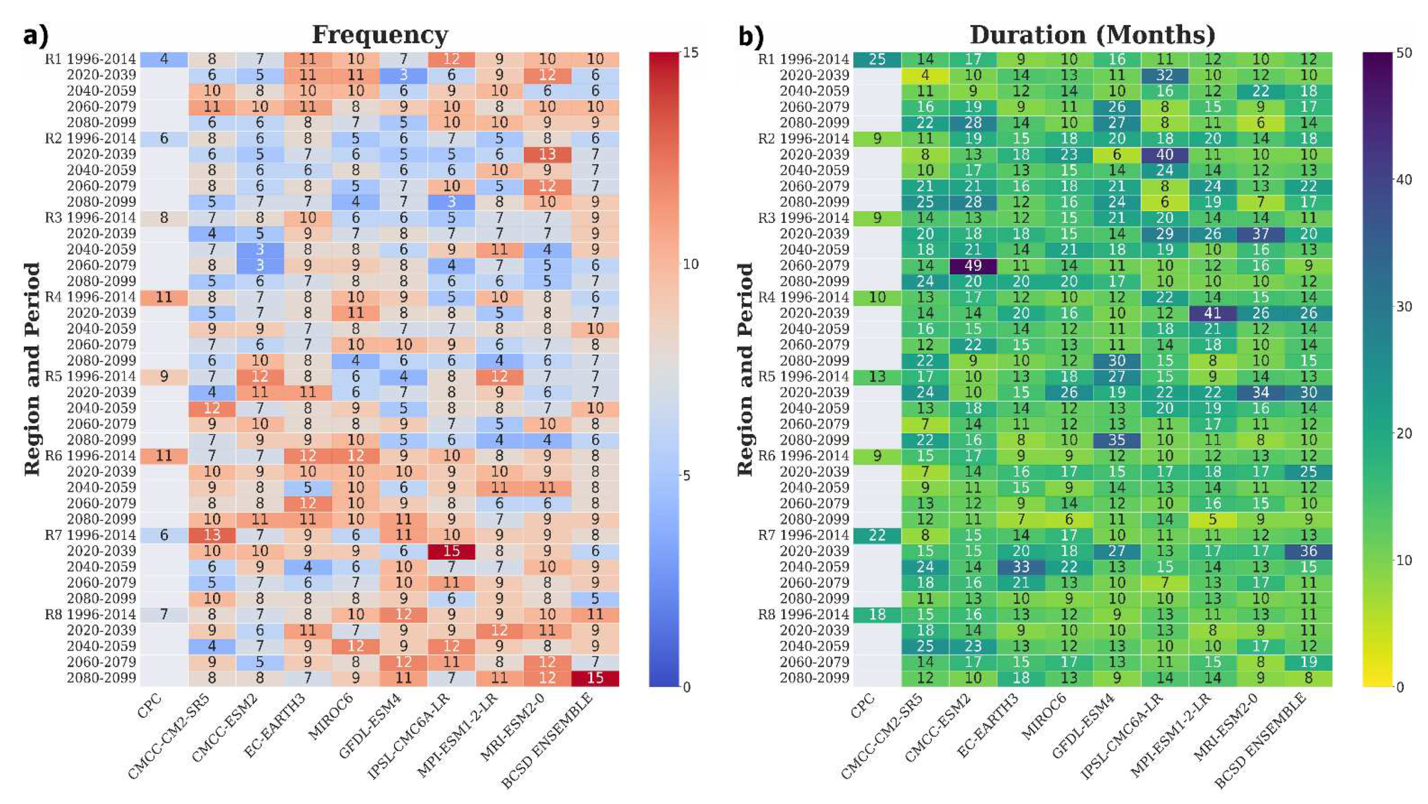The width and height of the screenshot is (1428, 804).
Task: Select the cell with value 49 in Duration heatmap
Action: (x=973, y=265)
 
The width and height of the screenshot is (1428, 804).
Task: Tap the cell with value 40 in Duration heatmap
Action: (x=1165, y=154)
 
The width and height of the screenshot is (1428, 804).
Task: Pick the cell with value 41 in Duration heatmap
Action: (x=1213, y=313)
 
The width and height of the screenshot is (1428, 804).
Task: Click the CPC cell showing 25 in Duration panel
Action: (x=877, y=59)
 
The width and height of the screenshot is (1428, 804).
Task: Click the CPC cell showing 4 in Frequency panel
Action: (x=164, y=59)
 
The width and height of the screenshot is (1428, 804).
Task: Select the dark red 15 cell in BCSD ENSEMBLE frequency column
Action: (x=595, y=677)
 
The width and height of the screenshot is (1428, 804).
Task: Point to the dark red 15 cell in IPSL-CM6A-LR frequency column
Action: (x=451, y=551)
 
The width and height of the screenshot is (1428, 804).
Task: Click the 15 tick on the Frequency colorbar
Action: (x=691, y=53)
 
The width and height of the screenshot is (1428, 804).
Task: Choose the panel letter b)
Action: (x=750, y=36)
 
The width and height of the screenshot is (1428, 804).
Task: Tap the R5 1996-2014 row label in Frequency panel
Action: (x=90, y=376)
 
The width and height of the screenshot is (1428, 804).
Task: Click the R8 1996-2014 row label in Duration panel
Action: (x=804, y=614)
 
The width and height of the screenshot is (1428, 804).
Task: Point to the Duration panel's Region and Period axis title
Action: (x=745, y=369)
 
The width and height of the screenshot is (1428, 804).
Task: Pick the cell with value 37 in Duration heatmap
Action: (x=1260, y=234)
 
